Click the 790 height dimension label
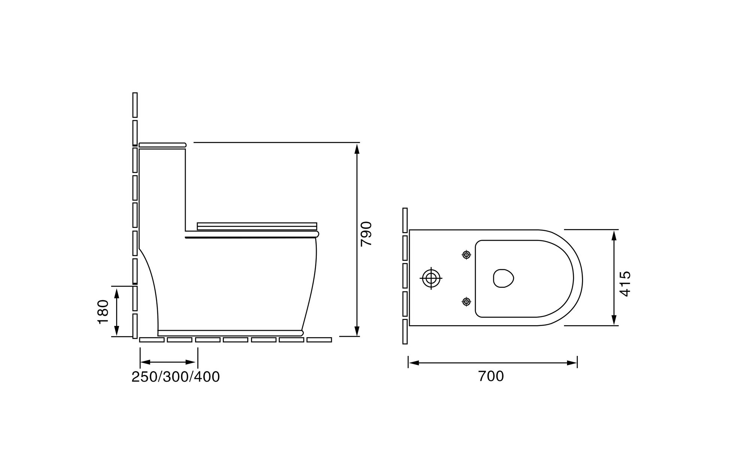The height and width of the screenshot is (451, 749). pyautogui.click(x=366, y=234)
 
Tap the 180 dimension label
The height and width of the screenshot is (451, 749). pyautogui.click(x=103, y=312)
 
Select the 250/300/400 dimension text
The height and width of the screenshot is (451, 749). pyautogui.click(x=176, y=377)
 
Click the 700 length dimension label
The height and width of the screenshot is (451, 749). pyautogui.click(x=491, y=376)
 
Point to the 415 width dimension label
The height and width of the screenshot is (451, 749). pyautogui.click(x=625, y=284)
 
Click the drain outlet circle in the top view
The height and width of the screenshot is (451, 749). pyautogui.click(x=431, y=278)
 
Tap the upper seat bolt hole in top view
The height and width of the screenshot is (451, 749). pyautogui.click(x=466, y=255)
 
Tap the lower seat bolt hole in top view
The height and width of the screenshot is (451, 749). pyautogui.click(x=466, y=301)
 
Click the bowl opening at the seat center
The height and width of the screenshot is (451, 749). pyautogui.click(x=503, y=278)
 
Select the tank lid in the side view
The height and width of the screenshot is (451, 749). pyautogui.click(x=163, y=145)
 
